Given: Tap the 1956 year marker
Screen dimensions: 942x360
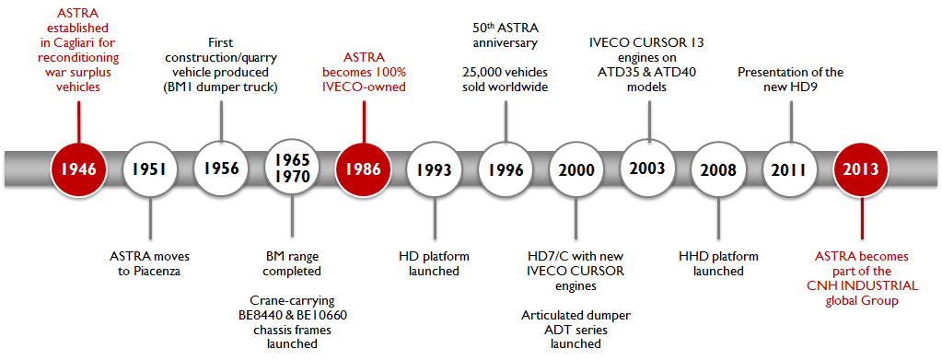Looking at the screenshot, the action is coord(220,168).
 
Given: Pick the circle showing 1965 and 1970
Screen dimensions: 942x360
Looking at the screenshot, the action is coord(292,168).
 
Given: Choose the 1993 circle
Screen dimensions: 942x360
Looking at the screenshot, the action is coord(435,170).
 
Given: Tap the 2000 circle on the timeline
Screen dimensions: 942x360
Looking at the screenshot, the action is coord(576,170).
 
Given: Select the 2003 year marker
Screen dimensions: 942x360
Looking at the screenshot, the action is coord(648,168).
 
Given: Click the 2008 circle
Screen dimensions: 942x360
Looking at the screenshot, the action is coord(719,170).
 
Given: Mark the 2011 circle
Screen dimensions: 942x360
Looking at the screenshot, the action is coord(791,170).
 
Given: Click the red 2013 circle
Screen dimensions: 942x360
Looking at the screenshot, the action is coord(862,169).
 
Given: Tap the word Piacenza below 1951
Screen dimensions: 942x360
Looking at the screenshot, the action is coord(158,271).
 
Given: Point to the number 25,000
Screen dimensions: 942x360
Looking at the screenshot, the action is coord(481,72).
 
